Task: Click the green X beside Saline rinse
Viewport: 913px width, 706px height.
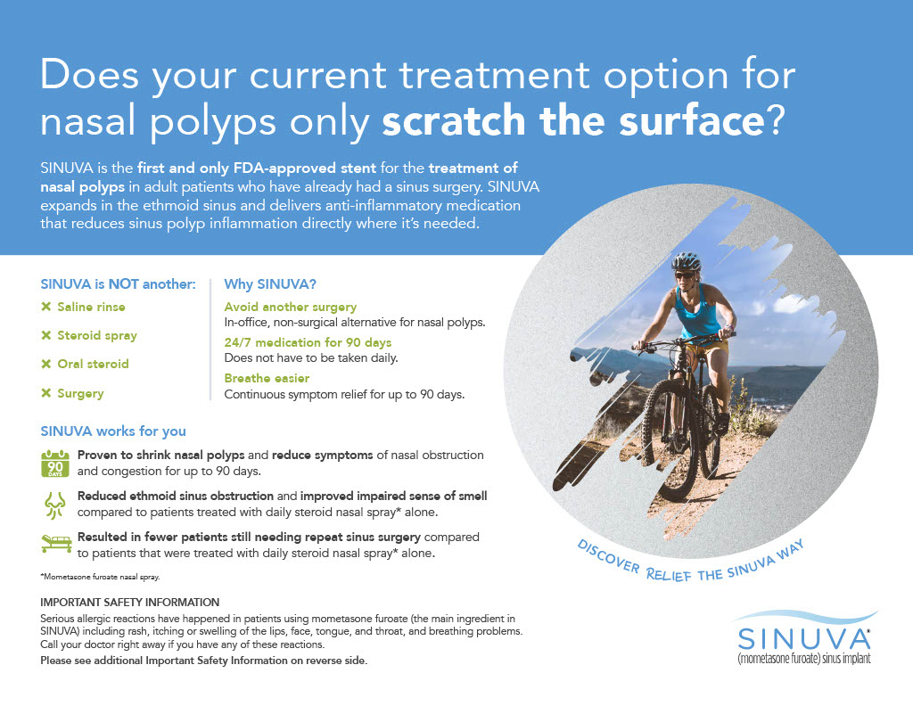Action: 46,307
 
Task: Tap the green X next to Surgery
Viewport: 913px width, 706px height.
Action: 46,393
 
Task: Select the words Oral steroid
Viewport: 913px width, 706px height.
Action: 93,364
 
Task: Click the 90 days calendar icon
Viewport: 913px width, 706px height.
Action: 55,464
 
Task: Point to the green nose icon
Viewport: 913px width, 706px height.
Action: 55,505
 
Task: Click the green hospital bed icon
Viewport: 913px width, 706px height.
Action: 56,543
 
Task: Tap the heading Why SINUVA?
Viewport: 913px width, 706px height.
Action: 270,284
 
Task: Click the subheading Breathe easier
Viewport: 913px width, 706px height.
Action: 267,378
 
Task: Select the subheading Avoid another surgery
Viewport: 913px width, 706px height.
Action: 290,308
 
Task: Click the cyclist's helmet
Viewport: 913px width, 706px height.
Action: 687,261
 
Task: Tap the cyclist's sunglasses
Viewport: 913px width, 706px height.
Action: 684,275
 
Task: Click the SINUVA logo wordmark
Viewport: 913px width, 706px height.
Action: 803,639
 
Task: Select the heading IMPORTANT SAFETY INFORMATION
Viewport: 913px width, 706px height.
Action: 130,603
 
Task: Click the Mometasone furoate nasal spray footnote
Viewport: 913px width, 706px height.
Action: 100,577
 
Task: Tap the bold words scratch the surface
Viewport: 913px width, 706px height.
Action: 573,120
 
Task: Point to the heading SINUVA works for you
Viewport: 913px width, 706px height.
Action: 113,431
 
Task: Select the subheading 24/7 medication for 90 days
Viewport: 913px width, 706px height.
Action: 308,343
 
